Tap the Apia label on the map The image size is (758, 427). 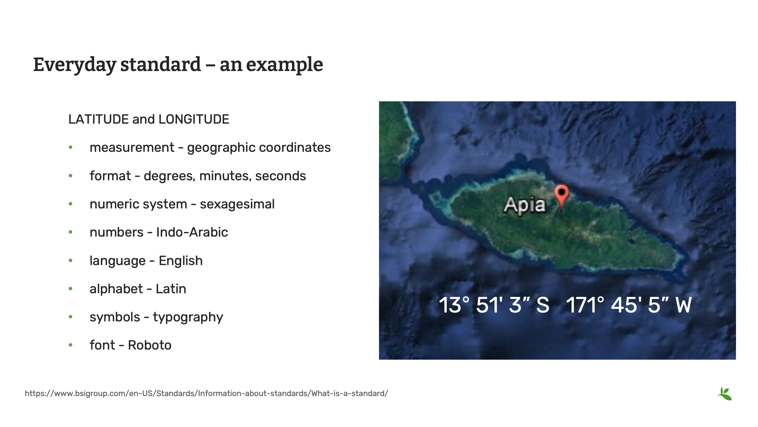(524, 205)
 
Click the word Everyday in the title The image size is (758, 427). (75, 65)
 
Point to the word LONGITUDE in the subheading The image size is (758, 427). (194, 119)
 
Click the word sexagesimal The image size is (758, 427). (237, 204)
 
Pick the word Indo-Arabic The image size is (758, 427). (192, 232)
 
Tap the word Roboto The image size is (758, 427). (149, 345)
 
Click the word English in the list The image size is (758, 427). (181, 261)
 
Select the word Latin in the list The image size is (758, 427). (171, 289)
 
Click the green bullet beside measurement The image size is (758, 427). (71, 148)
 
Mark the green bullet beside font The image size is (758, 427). (71, 345)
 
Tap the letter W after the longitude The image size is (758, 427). (683, 305)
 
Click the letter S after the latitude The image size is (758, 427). (543, 305)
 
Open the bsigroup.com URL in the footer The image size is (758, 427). (206, 393)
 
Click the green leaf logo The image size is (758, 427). (725, 394)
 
